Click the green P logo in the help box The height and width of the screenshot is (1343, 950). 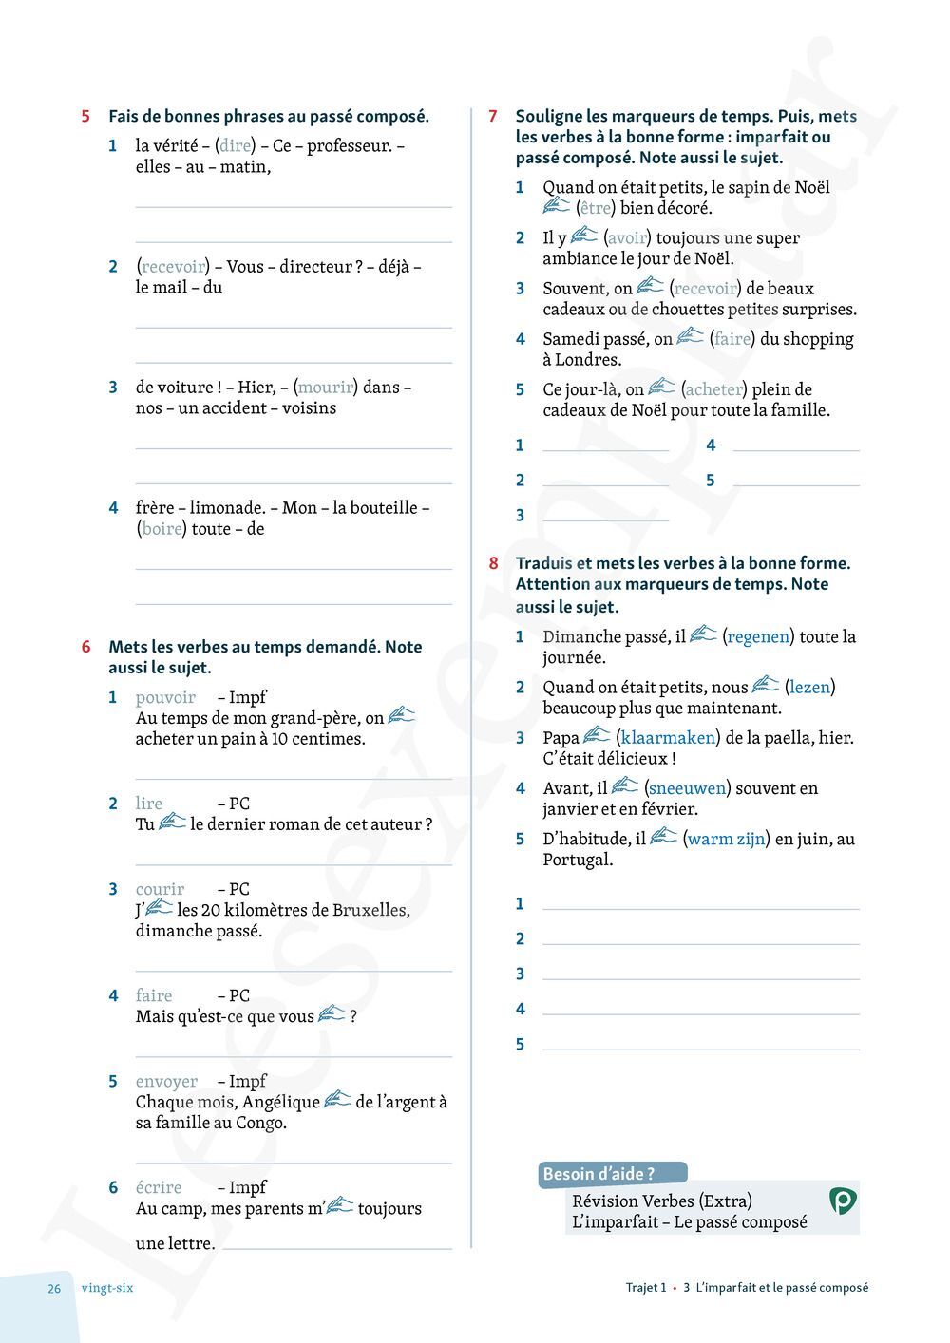click(x=842, y=1201)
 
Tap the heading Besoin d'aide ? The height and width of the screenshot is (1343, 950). click(x=598, y=1174)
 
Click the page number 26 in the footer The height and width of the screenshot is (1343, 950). click(x=54, y=1289)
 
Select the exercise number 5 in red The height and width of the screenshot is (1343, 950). click(x=85, y=117)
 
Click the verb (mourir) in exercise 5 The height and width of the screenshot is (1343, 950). click(x=326, y=388)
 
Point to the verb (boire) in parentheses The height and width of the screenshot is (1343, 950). click(x=161, y=529)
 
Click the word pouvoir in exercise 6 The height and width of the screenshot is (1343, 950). click(x=165, y=698)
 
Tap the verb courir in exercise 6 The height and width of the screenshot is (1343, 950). click(x=160, y=890)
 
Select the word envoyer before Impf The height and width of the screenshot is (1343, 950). click(x=166, y=1082)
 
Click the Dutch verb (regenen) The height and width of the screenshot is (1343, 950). click(x=757, y=637)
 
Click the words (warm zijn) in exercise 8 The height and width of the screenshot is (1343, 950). click(x=726, y=840)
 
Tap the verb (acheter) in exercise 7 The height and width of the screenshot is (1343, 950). click(x=714, y=389)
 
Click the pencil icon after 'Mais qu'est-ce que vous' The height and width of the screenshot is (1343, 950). click(x=332, y=1014)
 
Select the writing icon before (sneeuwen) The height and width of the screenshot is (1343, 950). click(x=625, y=785)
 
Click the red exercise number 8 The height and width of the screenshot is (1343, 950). click(x=493, y=563)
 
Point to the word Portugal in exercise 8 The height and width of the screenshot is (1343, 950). click(x=578, y=861)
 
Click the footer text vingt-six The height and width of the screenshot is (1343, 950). click(x=107, y=1289)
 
